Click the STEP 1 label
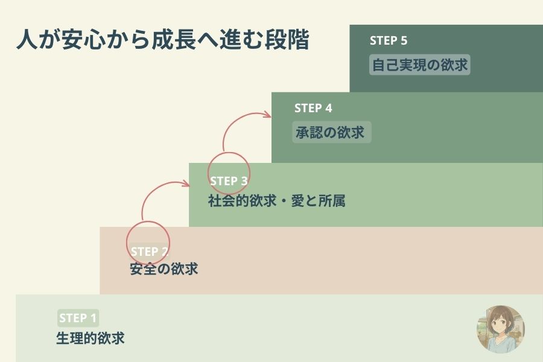[77, 318]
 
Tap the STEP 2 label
[149, 251]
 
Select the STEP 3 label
[229, 180]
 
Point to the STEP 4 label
[313, 109]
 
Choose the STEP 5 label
[389, 41]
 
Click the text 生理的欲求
[91, 338]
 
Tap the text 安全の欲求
[164, 269]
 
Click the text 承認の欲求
[330, 132]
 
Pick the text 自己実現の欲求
[420, 65]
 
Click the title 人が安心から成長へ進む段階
[162, 41]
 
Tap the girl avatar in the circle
[501, 329]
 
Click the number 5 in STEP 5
[404, 41]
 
